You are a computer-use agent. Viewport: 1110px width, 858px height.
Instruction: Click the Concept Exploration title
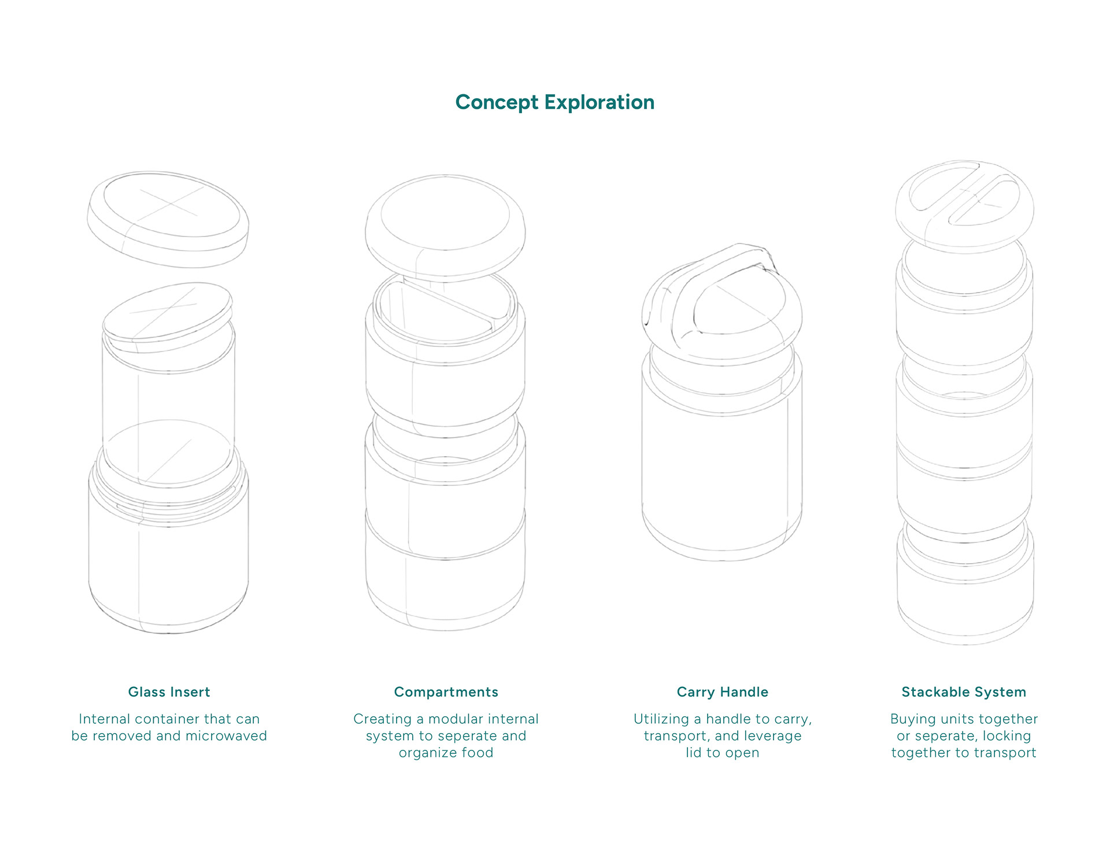pos(554,102)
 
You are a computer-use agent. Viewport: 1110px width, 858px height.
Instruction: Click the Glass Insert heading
pos(169,692)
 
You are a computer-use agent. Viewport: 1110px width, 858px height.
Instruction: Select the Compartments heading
pos(446,692)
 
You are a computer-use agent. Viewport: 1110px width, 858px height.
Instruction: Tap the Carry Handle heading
pos(722,692)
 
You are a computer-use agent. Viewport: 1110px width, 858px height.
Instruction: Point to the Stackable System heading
pos(964,692)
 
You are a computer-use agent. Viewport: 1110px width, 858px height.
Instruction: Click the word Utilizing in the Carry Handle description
pos(660,719)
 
